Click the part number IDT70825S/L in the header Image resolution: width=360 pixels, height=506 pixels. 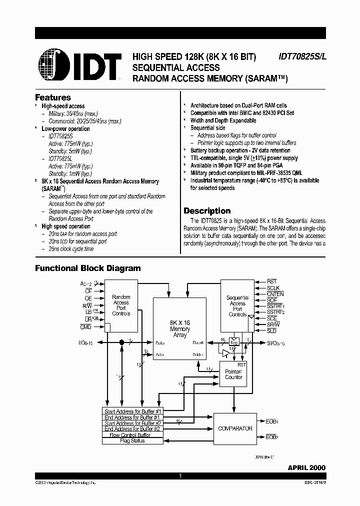pyautogui.click(x=301, y=57)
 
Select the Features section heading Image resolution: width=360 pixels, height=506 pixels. pyautogui.click(x=52, y=97)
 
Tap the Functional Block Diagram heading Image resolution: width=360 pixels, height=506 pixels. pyautogui.click(x=87, y=268)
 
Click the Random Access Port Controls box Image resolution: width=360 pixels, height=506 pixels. pyautogui.click(x=121, y=304)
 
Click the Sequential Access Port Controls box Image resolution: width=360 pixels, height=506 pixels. pyautogui.click(x=237, y=305)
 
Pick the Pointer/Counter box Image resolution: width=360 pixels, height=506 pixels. pyautogui.click(x=233, y=374)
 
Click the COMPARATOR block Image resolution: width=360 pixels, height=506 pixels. pyautogui.click(x=235, y=428)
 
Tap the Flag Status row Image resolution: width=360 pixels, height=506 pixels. pyautogui.click(x=133, y=440)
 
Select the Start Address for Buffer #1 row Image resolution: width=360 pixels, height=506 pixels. pyautogui.click(x=133, y=411)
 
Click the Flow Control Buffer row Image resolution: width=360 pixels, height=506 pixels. pyautogui.click(x=133, y=435)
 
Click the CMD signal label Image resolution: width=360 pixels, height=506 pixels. pyautogui.click(x=86, y=326)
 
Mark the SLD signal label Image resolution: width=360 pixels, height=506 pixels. pyautogui.click(x=271, y=330)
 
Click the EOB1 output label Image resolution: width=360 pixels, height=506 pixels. pyautogui.click(x=272, y=421)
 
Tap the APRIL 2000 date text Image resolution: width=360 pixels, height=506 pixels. pyautogui.click(x=306, y=467)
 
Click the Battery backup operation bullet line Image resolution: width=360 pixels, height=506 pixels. pyautogui.click(x=240, y=150)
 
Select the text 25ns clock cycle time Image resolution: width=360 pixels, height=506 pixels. pyautogui.click(x=71, y=248)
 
